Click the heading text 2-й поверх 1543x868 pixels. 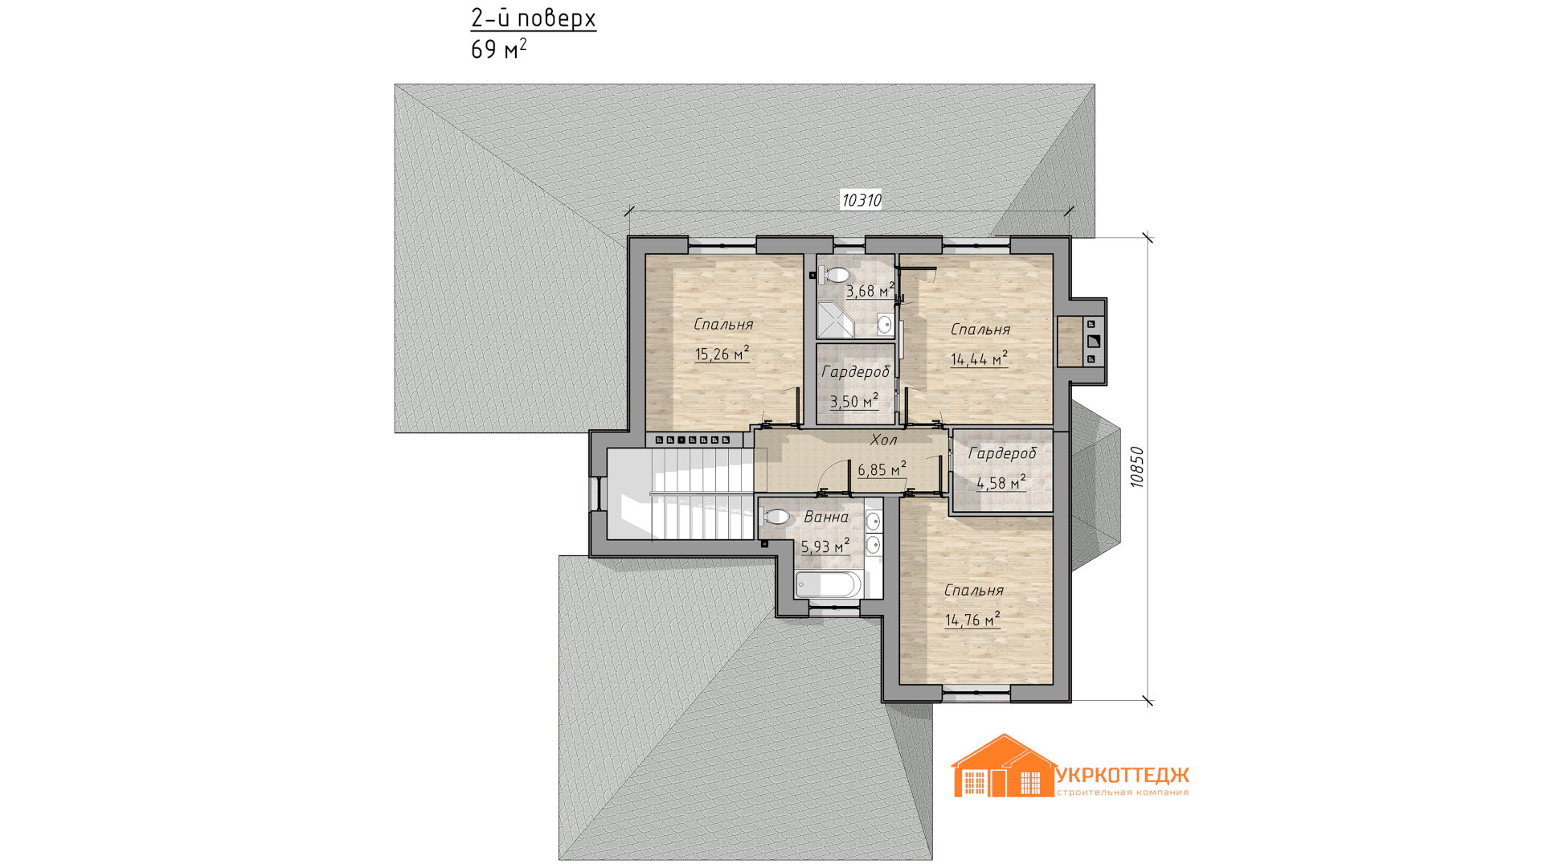tap(533, 18)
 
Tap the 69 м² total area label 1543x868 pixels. tap(498, 49)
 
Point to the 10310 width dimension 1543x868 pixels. tap(861, 200)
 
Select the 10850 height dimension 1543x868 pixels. tap(1136, 467)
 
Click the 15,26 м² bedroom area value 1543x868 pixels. tap(722, 354)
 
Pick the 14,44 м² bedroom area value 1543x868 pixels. tap(979, 359)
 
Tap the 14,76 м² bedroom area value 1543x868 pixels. tap(972, 620)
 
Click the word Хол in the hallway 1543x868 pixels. tap(883, 440)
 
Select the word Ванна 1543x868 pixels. tap(826, 517)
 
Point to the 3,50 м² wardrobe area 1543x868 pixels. tap(853, 401)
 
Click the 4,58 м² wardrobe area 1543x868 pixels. tap(1001, 483)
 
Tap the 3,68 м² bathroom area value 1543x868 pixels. tap(870, 291)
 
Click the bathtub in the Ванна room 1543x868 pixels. tap(829, 583)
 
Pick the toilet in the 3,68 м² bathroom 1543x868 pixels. tap(834, 275)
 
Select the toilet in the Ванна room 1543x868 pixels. tap(775, 517)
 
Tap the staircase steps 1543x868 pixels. tap(689, 493)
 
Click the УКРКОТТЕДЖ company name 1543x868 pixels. tap(1122, 776)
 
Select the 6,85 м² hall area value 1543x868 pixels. tap(882, 469)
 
